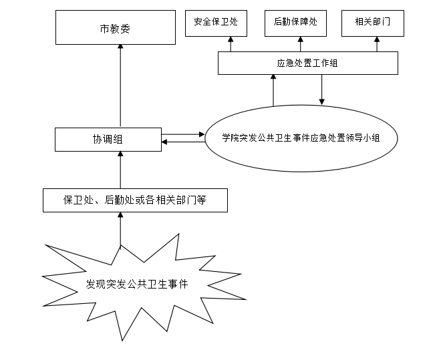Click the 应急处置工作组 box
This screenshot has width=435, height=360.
tap(308, 63)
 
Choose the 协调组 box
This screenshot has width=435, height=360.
tap(108, 139)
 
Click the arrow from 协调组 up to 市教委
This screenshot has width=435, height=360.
tap(120, 87)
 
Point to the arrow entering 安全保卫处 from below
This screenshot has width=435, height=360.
tap(231, 45)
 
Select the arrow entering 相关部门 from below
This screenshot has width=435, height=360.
tap(378, 45)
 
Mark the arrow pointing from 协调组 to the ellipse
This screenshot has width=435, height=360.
tap(183, 134)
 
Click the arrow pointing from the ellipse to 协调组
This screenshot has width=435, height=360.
tap(183, 142)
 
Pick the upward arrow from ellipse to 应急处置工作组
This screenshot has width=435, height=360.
tap(273, 90)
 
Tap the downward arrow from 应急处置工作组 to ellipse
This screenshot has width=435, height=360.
tap(322, 89)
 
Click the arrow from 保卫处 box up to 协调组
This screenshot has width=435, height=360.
tap(120, 170)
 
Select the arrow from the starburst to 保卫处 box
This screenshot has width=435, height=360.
tap(120, 229)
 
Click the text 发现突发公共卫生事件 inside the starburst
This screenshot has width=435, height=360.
tap(137, 284)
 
